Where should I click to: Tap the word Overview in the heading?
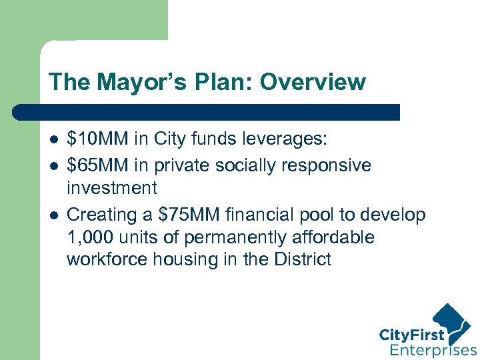pyautogui.click(x=313, y=82)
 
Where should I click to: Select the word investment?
pyautogui.click(x=112, y=187)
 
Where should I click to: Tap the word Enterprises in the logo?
pyautogui.click(x=433, y=349)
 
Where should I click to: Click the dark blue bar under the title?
pyautogui.click(x=220, y=112)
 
